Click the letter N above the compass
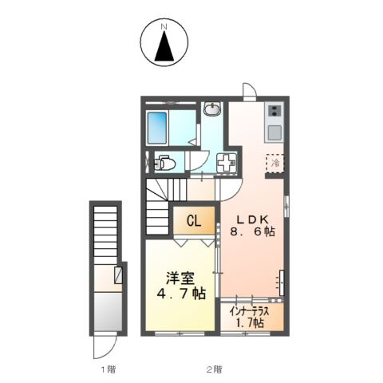click(x=164, y=26)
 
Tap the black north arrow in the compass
click(x=164, y=45)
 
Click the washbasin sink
click(x=212, y=109)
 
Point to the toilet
click(x=165, y=164)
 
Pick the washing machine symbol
click(x=227, y=163)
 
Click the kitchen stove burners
click(x=274, y=111)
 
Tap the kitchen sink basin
click(x=274, y=132)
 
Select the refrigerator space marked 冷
click(x=275, y=163)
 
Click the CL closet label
click(x=194, y=221)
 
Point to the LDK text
click(x=252, y=219)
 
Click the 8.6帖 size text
click(x=252, y=231)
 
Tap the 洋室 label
click(x=180, y=279)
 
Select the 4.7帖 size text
click(x=181, y=294)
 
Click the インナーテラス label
click(x=250, y=311)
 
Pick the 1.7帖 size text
click(x=250, y=322)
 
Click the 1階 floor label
click(x=109, y=369)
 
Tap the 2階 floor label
click(x=214, y=369)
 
